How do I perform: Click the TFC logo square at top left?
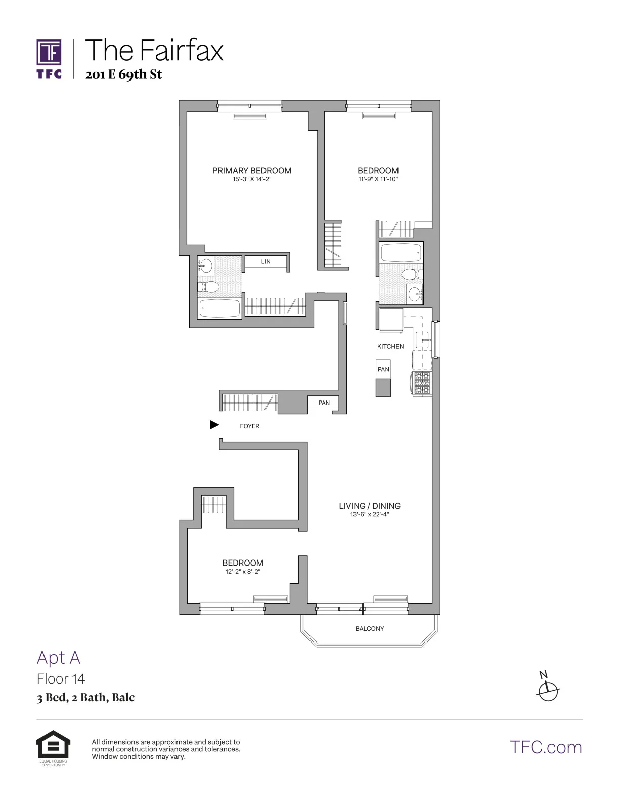click(49, 53)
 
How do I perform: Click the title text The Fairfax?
click(154, 51)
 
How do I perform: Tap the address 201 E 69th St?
click(123, 74)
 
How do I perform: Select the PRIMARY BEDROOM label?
click(252, 170)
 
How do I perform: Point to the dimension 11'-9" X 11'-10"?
click(378, 179)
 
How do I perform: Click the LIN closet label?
click(266, 262)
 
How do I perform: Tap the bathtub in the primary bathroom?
click(219, 308)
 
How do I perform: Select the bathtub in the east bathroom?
click(401, 252)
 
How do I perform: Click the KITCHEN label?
click(390, 347)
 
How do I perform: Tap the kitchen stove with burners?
click(422, 383)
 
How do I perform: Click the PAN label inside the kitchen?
click(383, 369)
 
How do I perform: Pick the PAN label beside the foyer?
click(324, 403)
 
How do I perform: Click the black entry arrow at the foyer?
click(214, 425)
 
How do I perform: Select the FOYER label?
click(249, 426)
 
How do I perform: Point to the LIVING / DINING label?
click(370, 506)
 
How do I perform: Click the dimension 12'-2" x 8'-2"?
click(243, 572)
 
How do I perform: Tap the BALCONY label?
click(370, 629)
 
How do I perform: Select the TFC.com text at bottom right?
click(546, 747)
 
